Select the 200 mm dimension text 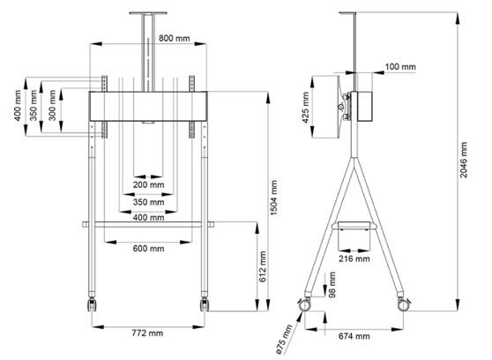coord(147,186)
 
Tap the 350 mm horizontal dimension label coord(147,202)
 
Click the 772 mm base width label coord(147,334)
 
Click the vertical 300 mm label coord(51,101)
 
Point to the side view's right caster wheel coord(408,304)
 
